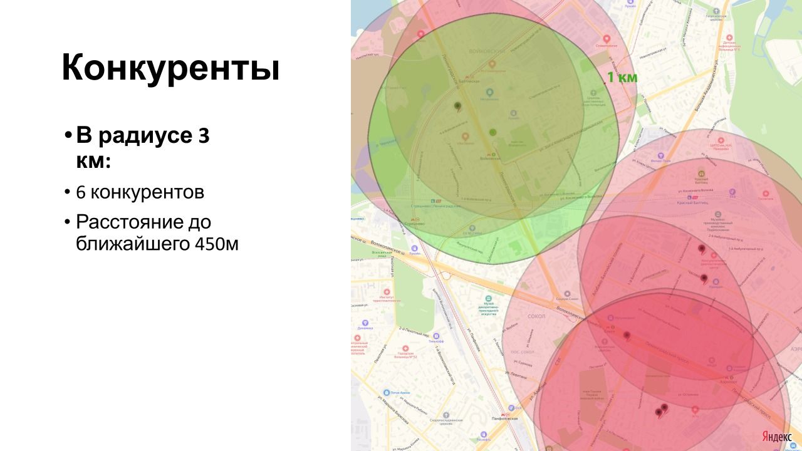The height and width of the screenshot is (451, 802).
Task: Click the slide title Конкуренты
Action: coord(170,68)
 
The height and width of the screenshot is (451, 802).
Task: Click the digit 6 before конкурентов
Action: coord(81,192)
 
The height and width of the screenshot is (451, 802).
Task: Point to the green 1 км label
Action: coord(622,78)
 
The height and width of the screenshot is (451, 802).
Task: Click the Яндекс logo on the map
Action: coord(777,436)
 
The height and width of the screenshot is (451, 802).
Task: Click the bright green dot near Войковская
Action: coord(492,132)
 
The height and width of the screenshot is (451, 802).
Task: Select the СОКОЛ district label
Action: coord(537,317)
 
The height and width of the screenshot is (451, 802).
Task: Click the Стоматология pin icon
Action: coord(606,38)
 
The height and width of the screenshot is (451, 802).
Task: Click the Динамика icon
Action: coord(365,322)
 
